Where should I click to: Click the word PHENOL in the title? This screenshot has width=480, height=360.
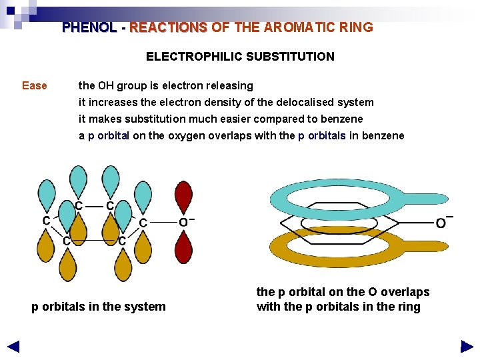(x=89, y=27)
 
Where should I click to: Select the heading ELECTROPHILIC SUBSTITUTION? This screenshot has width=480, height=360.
(x=240, y=57)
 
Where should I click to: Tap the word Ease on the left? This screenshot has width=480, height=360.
(x=35, y=85)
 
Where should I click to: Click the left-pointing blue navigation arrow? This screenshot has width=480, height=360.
(x=13, y=347)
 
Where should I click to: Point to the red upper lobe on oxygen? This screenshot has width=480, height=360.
(x=183, y=196)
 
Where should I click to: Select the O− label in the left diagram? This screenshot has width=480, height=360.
(x=186, y=221)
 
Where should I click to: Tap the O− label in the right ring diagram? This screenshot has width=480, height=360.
(x=444, y=221)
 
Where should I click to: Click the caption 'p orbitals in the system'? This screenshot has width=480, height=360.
(x=99, y=307)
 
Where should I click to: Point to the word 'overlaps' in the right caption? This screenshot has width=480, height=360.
(x=407, y=292)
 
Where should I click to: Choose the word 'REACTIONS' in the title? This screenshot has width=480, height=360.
(x=169, y=27)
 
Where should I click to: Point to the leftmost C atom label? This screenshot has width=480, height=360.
(x=47, y=221)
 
